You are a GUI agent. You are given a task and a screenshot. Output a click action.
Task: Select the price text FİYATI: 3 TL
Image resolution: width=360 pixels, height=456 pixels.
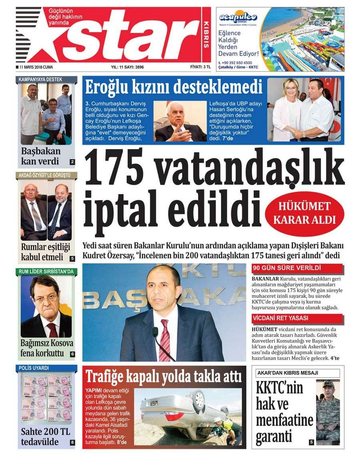pos(200,67)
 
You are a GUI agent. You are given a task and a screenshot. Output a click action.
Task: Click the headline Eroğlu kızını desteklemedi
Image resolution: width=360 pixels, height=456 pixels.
pos(174,86)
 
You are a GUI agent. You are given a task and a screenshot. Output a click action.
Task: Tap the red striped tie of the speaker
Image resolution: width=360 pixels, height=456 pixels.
pos(164,340)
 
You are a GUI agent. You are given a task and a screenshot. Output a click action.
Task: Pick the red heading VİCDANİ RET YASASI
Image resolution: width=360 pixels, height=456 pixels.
pos(280,318)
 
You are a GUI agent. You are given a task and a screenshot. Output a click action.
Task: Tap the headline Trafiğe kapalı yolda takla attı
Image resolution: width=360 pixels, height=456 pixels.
pos(164,376)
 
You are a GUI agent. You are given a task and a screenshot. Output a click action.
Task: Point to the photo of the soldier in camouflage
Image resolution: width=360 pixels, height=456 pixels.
pos(328,411)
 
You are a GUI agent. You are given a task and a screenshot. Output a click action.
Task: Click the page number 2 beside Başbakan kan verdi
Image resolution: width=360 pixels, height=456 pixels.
pos(72,162)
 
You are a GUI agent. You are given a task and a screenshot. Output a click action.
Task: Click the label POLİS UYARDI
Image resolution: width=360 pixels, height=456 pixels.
pos(34,368)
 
